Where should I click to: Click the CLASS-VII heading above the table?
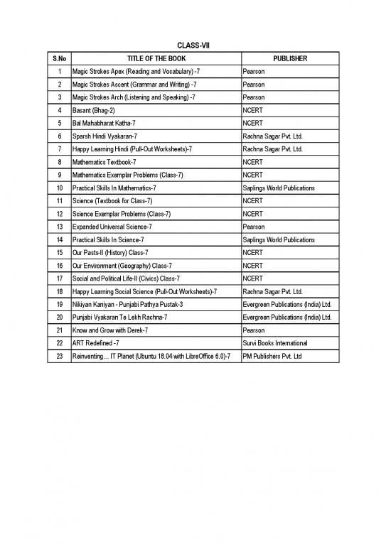coord(195,45)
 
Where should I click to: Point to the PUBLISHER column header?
coord(290,58)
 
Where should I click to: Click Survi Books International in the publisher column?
coord(275,343)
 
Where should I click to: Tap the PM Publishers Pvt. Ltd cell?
coord(272,356)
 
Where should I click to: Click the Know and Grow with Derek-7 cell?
coord(111,330)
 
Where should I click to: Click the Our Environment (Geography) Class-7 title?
coord(122,265)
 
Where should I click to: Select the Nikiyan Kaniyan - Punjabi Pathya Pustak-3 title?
coord(132,304)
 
